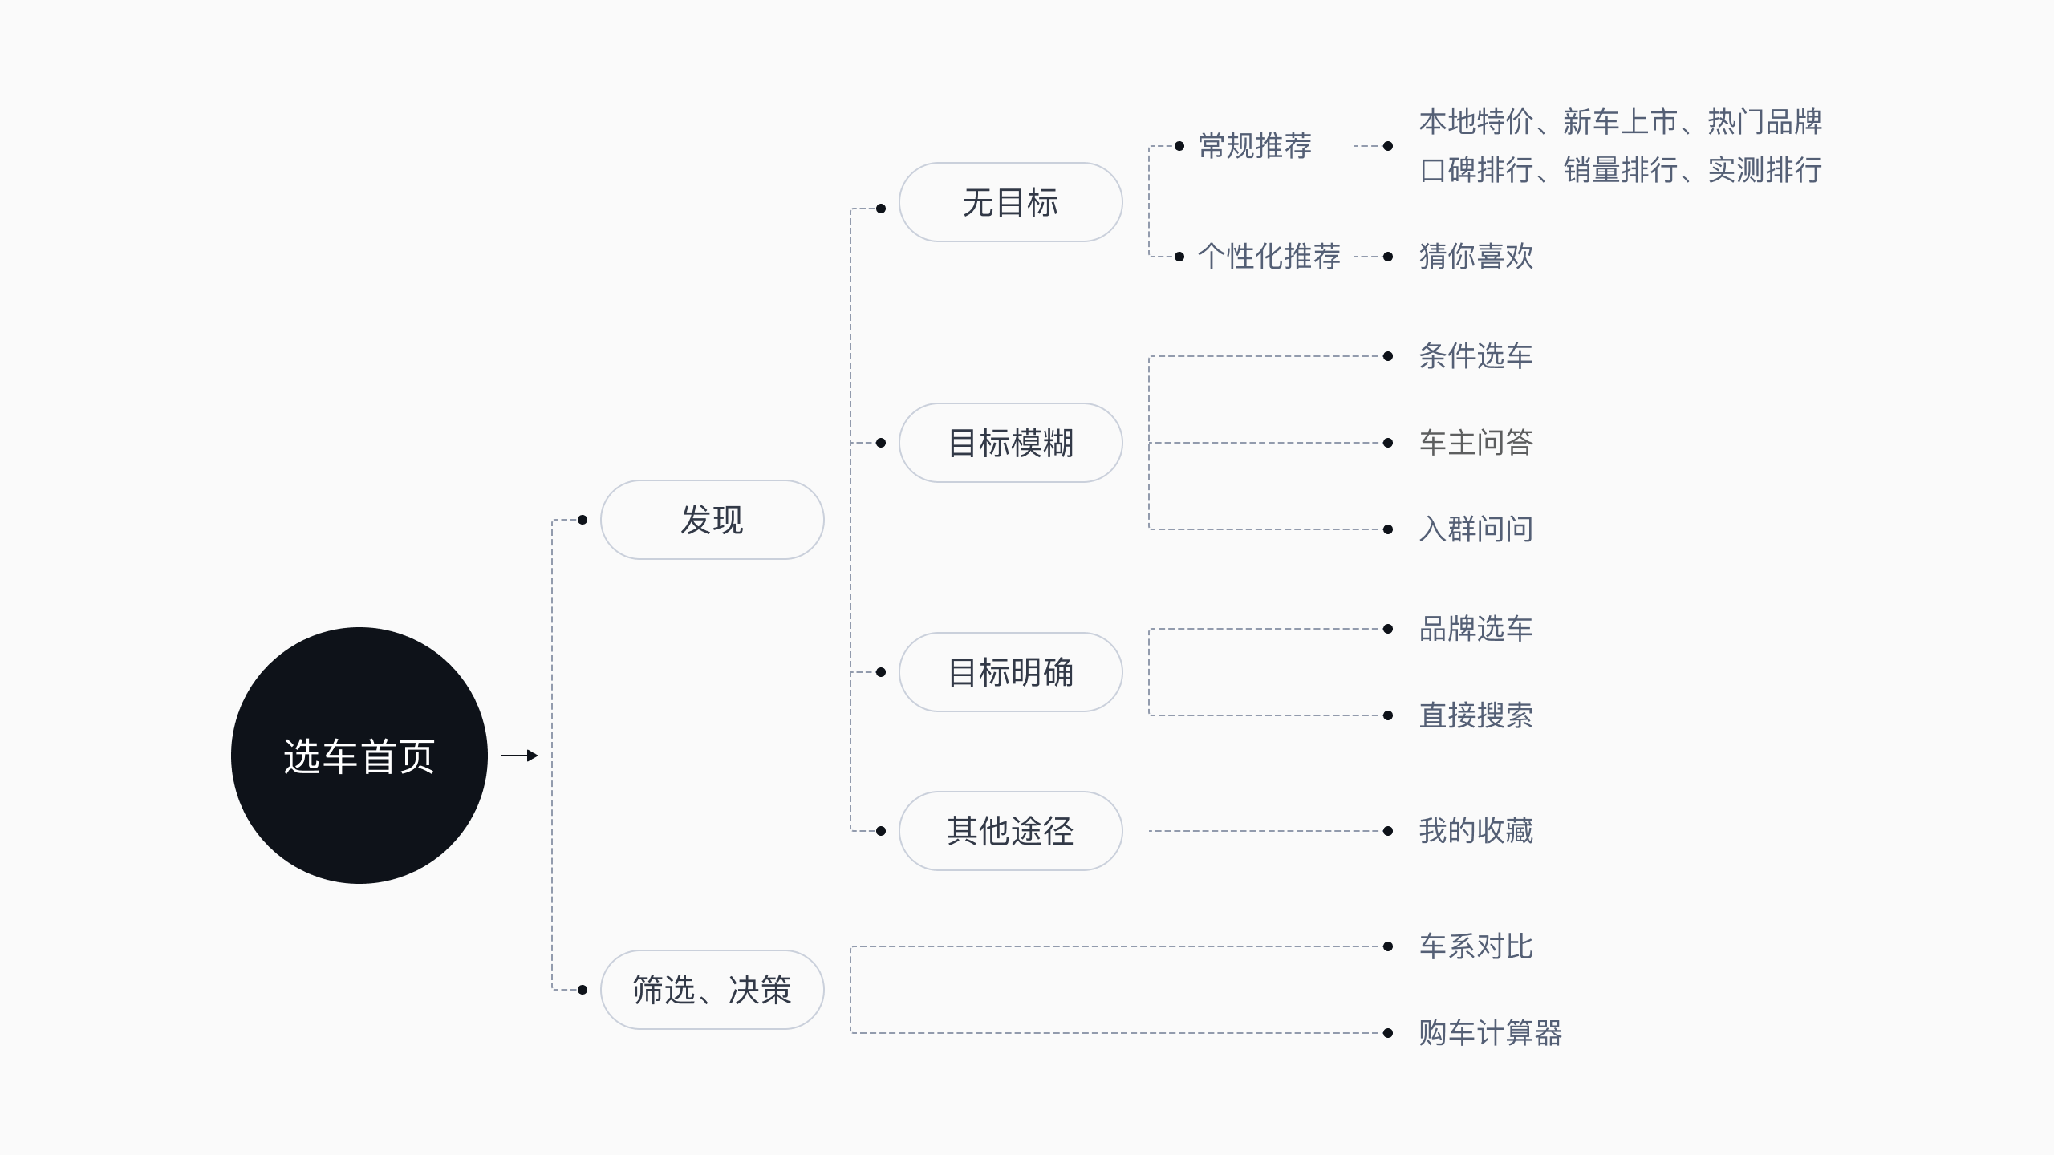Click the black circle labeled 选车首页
click(359, 755)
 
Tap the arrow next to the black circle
click(519, 756)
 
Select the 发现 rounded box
click(712, 520)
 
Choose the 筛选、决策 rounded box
click(712, 990)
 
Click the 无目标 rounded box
click(1010, 202)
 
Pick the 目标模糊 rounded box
click(1010, 443)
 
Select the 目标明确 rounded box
click(1010, 672)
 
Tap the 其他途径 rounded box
click(1010, 831)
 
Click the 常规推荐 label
click(1255, 146)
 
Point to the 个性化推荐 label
click(1269, 257)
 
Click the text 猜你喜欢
click(1476, 257)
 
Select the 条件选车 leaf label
click(1476, 356)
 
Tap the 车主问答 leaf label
click(1476, 443)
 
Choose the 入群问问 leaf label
click(1476, 529)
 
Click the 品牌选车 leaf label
click(1476, 629)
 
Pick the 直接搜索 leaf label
click(1476, 715)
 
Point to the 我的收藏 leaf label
click(1476, 831)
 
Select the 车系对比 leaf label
click(1476, 946)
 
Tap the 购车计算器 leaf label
click(1491, 1033)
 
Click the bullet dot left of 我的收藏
click(1388, 831)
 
